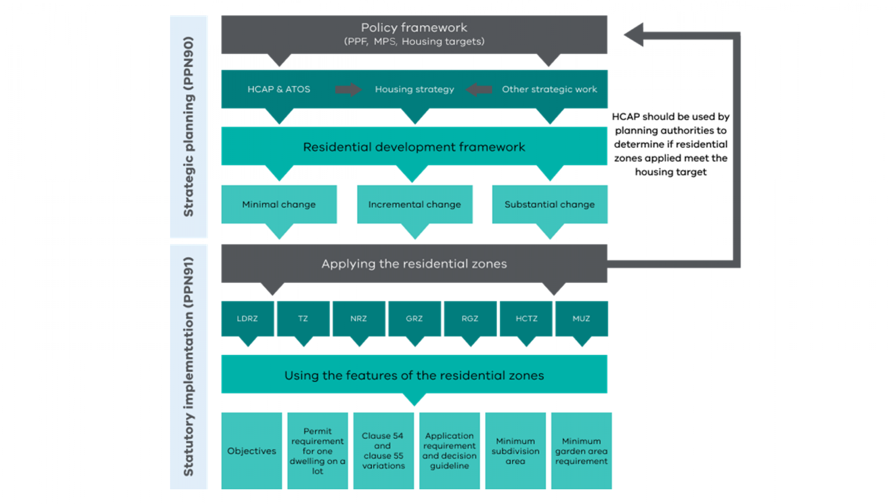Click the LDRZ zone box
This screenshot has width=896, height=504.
pyautogui.click(x=247, y=318)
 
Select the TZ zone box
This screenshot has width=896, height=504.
pyautogui.click(x=303, y=318)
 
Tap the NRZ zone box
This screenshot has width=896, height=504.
pyautogui.click(x=359, y=318)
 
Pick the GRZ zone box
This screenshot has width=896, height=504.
pyautogui.click(x=414, y=318)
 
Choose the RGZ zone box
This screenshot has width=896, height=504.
pyautogui.click(x=470, y=318)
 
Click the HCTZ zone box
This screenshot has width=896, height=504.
pyautogui.click(x=526, y=318)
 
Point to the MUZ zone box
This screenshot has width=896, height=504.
pyautogui.click(x=581, y=318)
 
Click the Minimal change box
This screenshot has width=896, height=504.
pyautogui.click(x=279, y=205)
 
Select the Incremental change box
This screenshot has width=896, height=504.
pyautogui.click(x=415, y=205)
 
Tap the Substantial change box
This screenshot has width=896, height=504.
pyautogui.click(x=549, y=205)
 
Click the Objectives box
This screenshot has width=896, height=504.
pyautogui.click(x=252, y=451)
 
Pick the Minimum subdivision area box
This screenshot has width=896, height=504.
pyautogui.click(x=515, y=451)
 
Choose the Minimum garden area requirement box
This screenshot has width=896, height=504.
pyautogui.click(x=581, y=451)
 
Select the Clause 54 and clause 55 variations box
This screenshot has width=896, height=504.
pyautogui.click(x=383, y=451)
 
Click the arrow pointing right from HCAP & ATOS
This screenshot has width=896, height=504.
pyautogui.click(x=348, y=89)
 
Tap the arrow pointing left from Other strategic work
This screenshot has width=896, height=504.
pyautogui.click(x=479, y=89)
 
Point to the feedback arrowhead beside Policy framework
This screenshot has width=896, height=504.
pyautogui.click(x=635, y=35)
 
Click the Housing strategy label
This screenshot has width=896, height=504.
pyautogui.click(x=415, y=89)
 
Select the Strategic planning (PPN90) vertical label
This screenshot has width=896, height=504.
pyautogui.click(x=189, y=126)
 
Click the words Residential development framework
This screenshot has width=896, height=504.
pyautogui.click(x=414, y=147)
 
